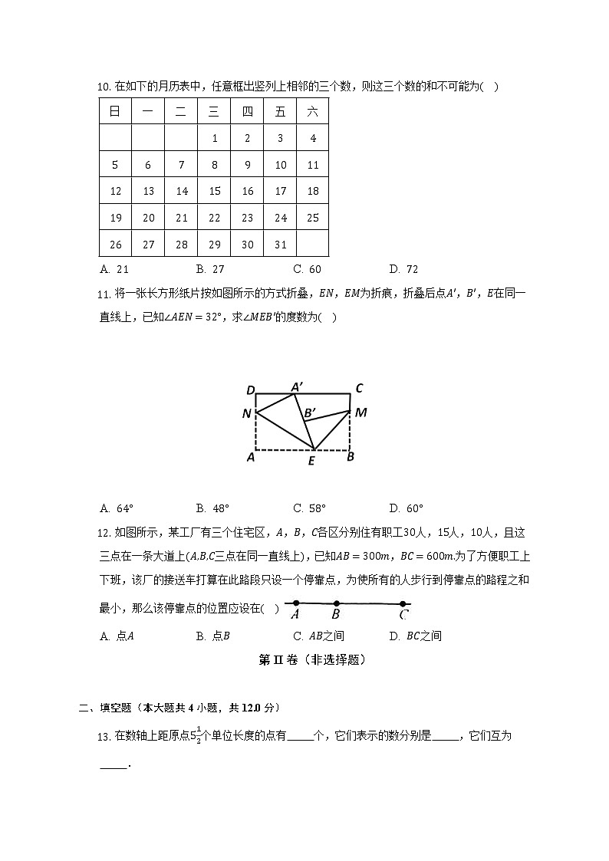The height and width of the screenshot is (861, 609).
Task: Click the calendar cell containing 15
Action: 215,191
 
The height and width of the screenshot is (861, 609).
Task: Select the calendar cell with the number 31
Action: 280,244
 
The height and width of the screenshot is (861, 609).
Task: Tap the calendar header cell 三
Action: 215,112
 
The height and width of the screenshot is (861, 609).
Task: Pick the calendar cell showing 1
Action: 215,139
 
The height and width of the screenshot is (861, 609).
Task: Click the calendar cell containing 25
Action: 312,218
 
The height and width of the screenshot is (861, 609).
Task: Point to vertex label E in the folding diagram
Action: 311,461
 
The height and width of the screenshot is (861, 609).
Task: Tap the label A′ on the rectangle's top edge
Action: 296,386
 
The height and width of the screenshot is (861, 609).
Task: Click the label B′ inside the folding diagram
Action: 309,414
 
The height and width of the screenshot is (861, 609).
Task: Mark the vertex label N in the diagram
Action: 246,415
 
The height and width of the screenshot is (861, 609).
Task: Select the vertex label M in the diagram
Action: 360,412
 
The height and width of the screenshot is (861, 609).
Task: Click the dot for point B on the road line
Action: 336,603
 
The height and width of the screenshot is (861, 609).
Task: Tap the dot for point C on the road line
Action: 403,604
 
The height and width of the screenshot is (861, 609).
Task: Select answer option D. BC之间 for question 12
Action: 415,636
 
